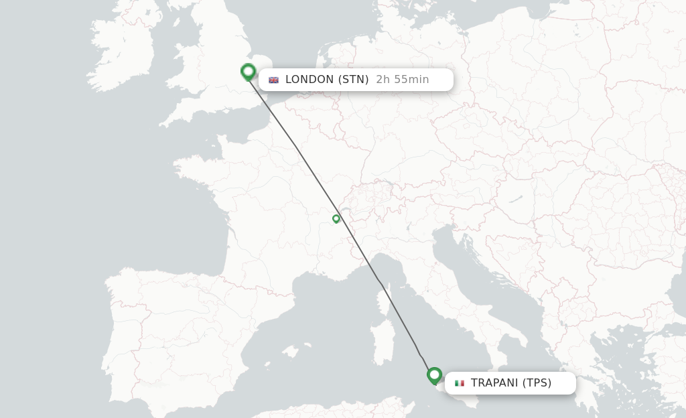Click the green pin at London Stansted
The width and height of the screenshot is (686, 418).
pos(249,71)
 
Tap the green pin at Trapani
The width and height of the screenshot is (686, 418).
pos(434,375)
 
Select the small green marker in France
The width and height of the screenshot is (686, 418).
pos(336,218)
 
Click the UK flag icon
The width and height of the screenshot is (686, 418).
pos(273,80)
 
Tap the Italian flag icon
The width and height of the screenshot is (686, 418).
pos(460,383)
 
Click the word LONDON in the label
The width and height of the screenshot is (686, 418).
pos(310,80)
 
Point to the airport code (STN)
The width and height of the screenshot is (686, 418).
pos(354,80)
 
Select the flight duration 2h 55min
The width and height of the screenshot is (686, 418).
pos(403,80)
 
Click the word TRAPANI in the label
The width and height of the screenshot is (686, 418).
pos(494,383)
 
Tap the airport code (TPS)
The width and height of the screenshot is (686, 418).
pos(537,383)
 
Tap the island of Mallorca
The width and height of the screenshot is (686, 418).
pos(290,350)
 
